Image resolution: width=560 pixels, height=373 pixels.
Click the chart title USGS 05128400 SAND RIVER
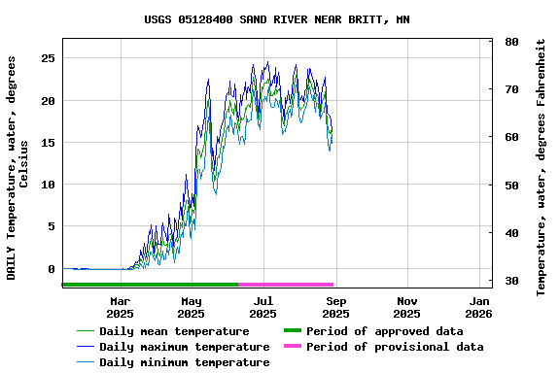[x=277, y=19]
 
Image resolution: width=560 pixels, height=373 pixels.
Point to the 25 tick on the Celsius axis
[x=48, y=58]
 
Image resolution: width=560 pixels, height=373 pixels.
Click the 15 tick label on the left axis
[x=48, y=143]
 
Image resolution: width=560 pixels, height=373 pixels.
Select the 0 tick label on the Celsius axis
[x=52, y=269]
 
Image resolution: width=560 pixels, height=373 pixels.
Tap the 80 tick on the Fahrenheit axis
[x=510, y=42]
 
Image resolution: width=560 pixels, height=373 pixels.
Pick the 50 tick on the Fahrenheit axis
[x=510, y=185]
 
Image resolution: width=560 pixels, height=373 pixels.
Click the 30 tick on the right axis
[x=510, y=281]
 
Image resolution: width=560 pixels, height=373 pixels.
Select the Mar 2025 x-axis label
[x=120, y=307]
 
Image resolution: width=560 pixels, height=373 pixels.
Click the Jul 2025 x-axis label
[x=262, y=307]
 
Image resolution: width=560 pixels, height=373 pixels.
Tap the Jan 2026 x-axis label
[x=478, y=307]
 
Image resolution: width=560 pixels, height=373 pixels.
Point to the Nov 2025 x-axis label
[x=406, y=307]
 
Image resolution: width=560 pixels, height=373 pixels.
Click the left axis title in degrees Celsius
[x=17, y=167]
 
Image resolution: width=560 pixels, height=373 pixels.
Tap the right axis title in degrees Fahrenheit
[x=542, y=167]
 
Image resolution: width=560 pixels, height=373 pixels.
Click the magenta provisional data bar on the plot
[x=286, y=285]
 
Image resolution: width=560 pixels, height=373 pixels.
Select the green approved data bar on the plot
[x=151, y=285]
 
